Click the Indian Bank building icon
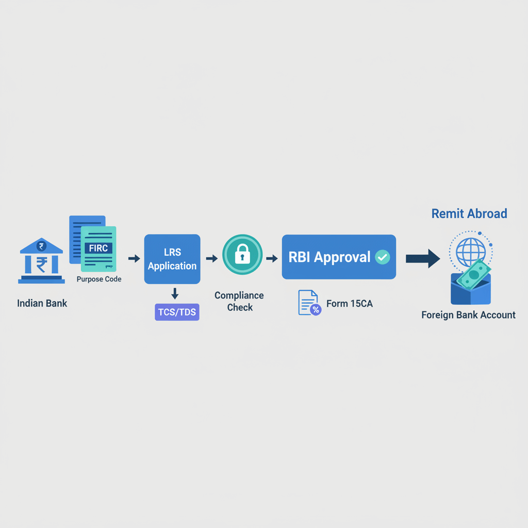pos(41,261)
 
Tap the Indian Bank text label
pos(42,303)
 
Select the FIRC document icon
pos(98,249)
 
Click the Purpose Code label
pos(99,279)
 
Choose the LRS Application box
pos(172,259)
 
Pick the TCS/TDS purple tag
pos(177,312)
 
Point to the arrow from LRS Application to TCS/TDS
pos(175,293)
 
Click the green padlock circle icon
pos(242,255)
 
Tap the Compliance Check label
pos(239,301)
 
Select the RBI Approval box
pos(339,257)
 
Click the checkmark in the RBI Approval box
pos(382,257)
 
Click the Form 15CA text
pos(349,304)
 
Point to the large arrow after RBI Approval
pos(423,258)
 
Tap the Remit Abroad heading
pos(469,213)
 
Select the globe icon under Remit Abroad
pos(471,251)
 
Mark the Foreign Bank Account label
pos(468,315)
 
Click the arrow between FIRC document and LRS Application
pos(134,258)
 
